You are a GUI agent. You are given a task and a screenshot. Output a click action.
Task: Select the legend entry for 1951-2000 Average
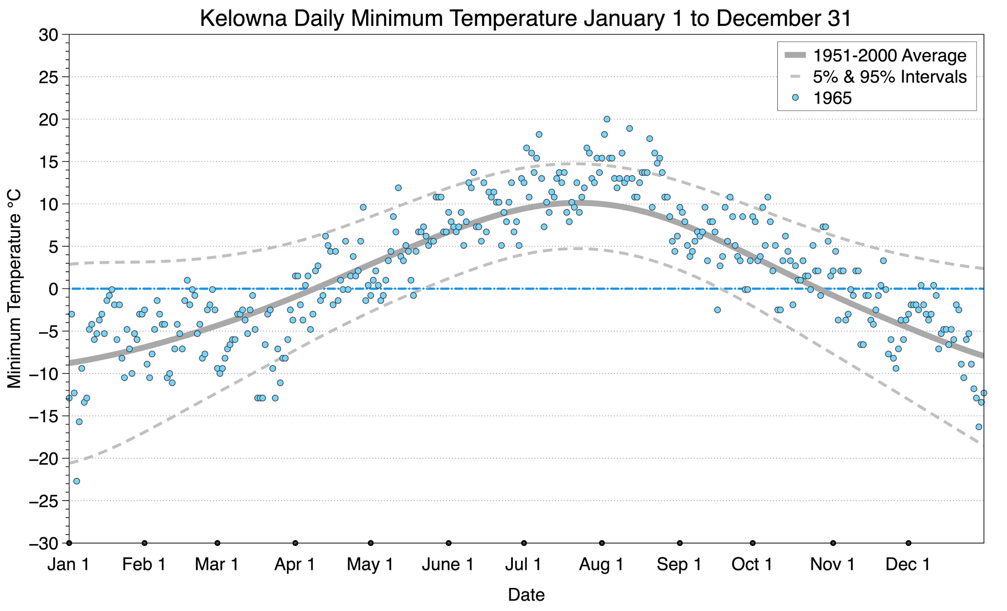(x=889, y=55)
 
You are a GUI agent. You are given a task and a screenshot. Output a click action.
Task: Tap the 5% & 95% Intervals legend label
(x=889, y=77)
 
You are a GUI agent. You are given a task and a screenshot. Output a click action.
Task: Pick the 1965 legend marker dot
(x=795, y=98)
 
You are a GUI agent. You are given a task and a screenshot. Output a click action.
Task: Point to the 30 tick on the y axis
(x=48, y=35)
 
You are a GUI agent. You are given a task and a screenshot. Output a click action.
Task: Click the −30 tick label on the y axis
(x=43, y=544)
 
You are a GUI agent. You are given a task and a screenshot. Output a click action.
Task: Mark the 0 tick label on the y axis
(x=53, y=289)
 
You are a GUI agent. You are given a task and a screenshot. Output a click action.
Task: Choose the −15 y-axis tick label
(x=43, y=416)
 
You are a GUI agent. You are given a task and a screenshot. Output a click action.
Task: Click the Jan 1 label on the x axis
(x=68, y=564)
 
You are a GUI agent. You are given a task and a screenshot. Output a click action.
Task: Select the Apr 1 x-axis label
(x=294, y=564)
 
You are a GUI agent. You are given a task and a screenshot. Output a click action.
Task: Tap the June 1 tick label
(x=448, y=564)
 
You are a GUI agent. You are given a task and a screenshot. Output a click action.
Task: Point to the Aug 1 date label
(x=601, y=564)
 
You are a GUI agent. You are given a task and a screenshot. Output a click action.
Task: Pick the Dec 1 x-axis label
(x=908, y=564)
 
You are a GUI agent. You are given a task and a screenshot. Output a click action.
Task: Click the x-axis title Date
(x=526, y=595)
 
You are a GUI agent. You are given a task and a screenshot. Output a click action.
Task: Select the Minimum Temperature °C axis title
(x=14, y=289)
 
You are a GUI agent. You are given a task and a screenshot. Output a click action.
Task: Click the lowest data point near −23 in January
(x=77, y=481)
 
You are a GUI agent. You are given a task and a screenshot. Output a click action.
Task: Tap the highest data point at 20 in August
(x=607, y=119)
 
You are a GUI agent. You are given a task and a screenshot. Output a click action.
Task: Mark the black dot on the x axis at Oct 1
(x=753, y=543)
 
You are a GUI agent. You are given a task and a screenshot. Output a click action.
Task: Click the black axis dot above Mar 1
(x=218, y=543)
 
